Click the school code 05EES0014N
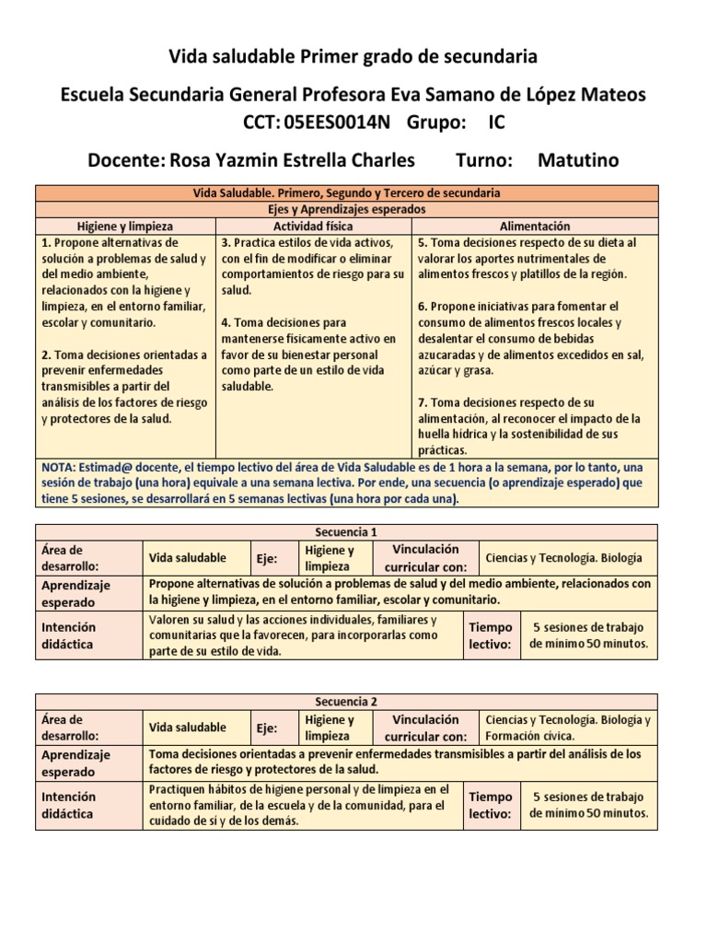pos(337,122)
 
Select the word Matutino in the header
pos(578,160)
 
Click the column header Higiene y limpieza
pos(124,226)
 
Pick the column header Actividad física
pos(313,226)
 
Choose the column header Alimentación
pos(535,226)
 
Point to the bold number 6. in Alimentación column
pos(423,306)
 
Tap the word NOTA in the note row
pos(60,467)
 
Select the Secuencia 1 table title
pos(347,531)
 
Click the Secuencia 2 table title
pos(347,701)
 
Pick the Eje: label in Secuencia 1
pos(268,558)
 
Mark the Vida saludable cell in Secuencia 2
pos(188,728)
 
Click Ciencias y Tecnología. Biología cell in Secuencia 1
pos(563,558)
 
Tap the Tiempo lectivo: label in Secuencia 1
pos(491,635)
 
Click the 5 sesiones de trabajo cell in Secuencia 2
pos(588,805)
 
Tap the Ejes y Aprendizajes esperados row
pos(347,209)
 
